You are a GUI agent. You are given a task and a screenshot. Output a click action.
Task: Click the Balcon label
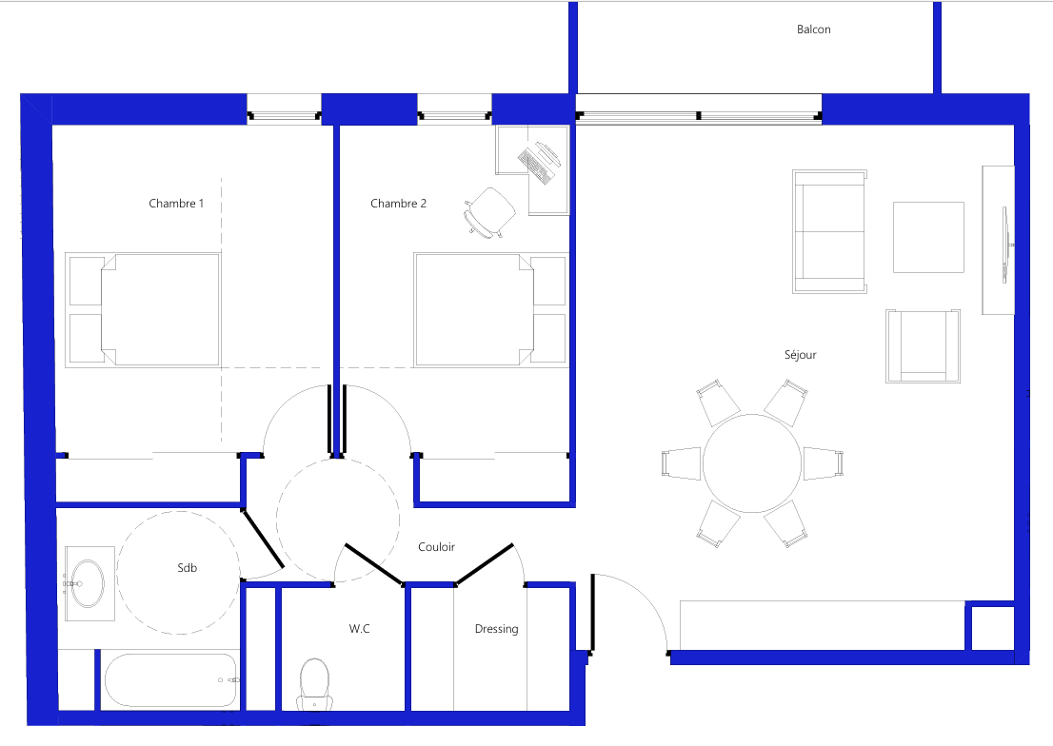tap(813, 29)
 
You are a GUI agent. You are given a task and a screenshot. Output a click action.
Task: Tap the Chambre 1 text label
tap(176, 204)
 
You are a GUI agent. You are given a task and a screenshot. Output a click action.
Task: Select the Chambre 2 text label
tap(398, 204)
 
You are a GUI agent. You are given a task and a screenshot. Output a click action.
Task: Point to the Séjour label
tap(800, 355)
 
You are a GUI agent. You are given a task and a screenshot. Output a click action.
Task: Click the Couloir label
tap(436, 547)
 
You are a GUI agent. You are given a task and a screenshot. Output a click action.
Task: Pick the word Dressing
tap(496, 629)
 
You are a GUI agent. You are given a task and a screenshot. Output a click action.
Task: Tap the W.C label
tap(359, 629)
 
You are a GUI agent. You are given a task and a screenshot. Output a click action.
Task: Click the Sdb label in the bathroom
tap(187, 568)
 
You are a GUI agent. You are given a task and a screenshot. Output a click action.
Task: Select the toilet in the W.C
tap(314, 683)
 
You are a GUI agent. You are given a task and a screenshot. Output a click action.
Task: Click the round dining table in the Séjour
tap(752, 463)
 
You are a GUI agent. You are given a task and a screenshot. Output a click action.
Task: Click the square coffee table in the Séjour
tap(927, 237)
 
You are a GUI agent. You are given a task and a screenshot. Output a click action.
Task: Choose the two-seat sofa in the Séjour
tap(829, 231)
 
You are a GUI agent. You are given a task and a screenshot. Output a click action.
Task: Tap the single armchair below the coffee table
tap(921, 346)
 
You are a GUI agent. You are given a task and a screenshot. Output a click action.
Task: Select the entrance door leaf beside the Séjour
tap(592, 614)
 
